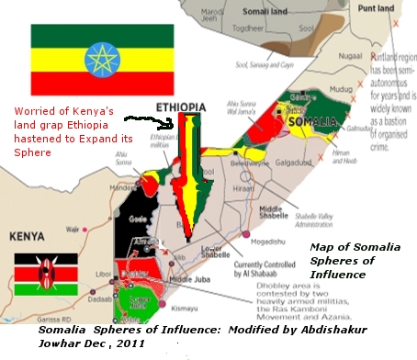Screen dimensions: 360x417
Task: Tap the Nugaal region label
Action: pos(350,56)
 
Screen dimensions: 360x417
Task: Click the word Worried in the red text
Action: pos(32,111)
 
